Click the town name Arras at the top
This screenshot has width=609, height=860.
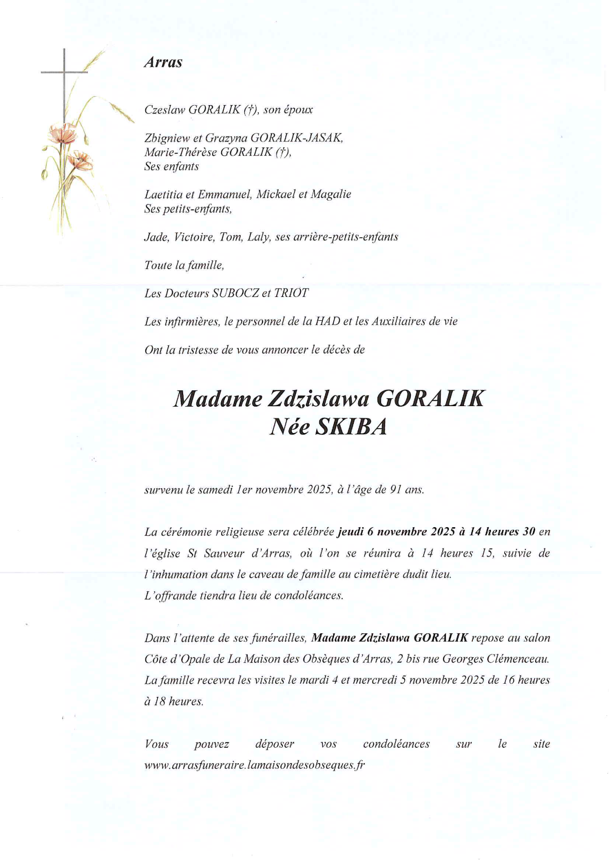click(163, 62)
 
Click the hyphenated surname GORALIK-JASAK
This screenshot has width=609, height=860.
click(296, 138)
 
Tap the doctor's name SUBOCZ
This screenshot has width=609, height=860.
click(235, 293)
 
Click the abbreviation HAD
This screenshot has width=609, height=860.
click(327, 321)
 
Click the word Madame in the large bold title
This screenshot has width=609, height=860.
click(217, 399)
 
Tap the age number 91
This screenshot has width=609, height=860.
click(395, 490)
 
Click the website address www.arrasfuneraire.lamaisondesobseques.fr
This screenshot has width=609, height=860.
click(254, 765)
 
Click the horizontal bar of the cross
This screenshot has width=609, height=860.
click(64, 72)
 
